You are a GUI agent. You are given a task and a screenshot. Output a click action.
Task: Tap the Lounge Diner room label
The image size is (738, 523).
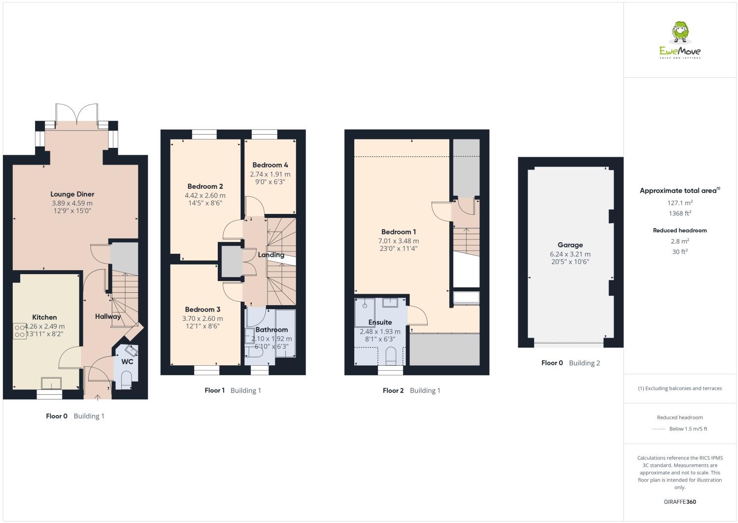tap(72, 194)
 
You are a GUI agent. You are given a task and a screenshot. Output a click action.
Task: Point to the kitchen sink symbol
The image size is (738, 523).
tap(51, 383)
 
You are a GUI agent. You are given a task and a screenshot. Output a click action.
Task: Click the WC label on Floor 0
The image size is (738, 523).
tap(127, 362)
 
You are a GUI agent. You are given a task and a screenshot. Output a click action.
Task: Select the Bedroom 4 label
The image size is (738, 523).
tap(270, 165)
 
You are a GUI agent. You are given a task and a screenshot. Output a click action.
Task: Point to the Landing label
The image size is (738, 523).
tap(271, 255)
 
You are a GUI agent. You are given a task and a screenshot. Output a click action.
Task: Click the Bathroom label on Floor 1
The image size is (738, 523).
tap(271, 330)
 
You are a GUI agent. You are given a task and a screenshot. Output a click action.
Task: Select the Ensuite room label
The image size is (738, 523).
tap(380, 322)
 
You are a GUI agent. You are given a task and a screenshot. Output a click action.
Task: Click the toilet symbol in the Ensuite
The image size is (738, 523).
tap(390, 356)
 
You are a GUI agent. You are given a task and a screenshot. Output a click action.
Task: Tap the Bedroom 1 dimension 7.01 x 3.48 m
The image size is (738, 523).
tap(399, 241)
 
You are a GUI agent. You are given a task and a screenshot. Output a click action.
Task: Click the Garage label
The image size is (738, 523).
tap(570, 245)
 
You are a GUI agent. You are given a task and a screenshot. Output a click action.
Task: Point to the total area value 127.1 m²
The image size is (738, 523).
tap(680, 203)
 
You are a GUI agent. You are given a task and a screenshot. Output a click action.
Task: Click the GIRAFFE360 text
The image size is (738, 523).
tap(680, 502)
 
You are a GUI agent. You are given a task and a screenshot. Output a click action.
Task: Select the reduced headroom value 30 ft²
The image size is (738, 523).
tap(680, 251)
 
